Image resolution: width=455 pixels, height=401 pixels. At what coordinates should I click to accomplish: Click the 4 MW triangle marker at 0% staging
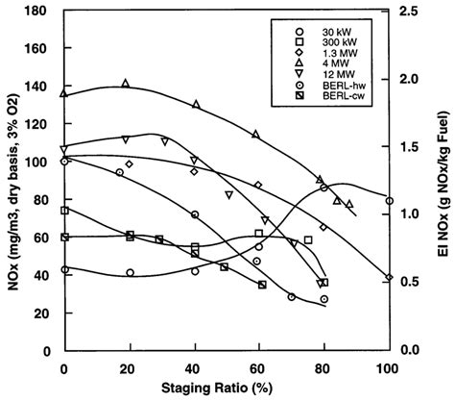(64, 94)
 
